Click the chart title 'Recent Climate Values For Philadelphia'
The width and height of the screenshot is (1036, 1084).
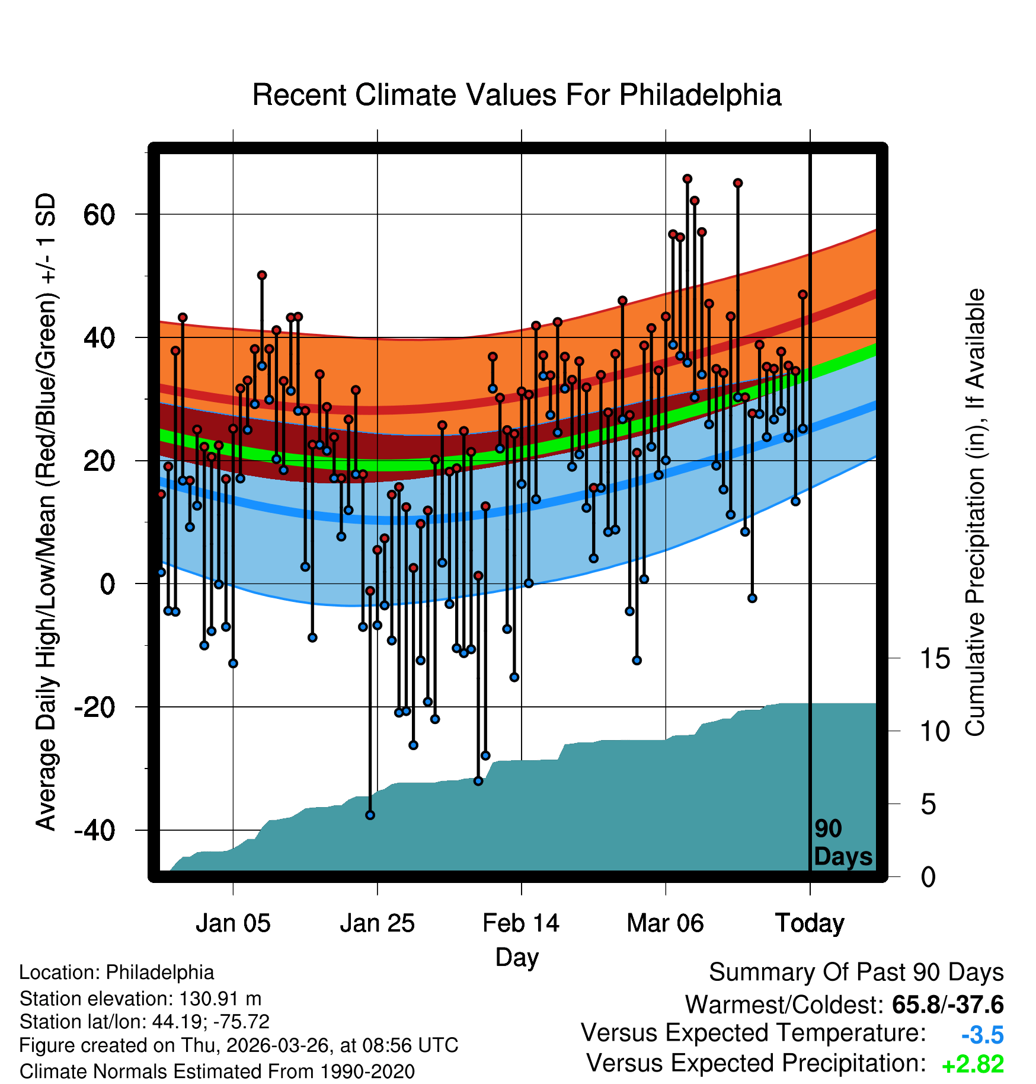[517, 95]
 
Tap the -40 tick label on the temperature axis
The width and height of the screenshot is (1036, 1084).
[94, 830]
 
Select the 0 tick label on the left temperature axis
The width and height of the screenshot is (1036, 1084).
[107, 584]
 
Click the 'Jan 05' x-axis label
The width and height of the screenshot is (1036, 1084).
[233, 923]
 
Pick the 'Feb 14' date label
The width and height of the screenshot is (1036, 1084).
[521, 923]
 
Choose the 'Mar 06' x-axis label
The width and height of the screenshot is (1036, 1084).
[666, 923]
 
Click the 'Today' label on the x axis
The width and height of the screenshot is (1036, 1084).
[810, 924]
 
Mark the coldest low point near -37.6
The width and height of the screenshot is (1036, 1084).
[370, 815]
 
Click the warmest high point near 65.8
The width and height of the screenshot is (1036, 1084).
[687, 178]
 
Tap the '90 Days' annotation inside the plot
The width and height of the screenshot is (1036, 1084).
[843, 843]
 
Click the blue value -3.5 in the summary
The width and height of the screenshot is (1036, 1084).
[983, 1035]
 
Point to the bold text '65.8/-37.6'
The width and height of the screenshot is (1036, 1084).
[948, 1005]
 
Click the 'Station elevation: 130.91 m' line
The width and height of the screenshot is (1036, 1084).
[140, 999]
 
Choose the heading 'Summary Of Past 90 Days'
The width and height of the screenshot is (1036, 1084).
[856, 973]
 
